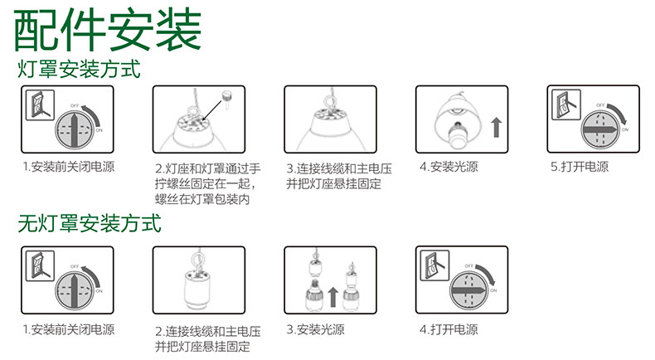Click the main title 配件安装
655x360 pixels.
[108, 30]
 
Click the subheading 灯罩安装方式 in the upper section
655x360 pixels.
[79, 69]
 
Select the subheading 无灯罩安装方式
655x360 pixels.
[90, 223]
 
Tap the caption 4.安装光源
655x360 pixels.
[449, 167]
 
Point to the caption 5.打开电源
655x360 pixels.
[580, 167]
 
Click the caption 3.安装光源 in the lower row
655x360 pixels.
[315, 329]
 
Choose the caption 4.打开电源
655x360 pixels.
[449, 329]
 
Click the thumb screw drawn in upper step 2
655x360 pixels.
[227, 98]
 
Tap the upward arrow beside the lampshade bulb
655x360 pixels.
[496, 127]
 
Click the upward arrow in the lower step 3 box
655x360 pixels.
[332, 297]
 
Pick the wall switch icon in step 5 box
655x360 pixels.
[565, 105]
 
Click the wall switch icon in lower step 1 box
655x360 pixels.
[40, 266]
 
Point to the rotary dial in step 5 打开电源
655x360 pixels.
[599, 130]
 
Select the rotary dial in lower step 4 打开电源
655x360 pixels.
[468, 290]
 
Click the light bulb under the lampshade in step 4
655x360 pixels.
[458, 136]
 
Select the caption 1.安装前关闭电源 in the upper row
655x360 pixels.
[69, 167]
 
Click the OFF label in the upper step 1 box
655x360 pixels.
[75, 106]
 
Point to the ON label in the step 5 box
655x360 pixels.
[625, 129]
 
